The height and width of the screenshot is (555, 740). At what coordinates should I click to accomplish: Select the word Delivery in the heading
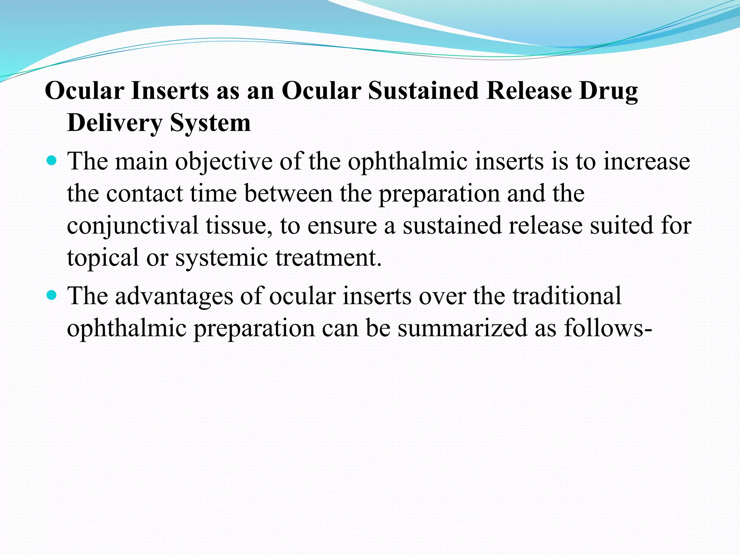click(115, 123)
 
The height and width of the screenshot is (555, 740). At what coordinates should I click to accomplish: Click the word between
click(288, 193)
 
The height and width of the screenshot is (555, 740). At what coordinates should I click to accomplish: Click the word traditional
click(567, 296)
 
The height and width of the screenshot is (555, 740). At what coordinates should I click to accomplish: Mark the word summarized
click(462, 328)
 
